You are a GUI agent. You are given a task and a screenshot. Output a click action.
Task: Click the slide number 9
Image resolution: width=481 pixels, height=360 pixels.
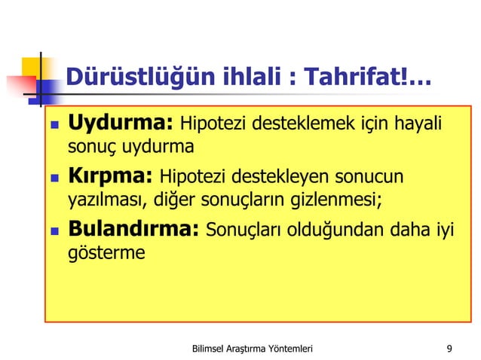(x=449, y=348)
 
